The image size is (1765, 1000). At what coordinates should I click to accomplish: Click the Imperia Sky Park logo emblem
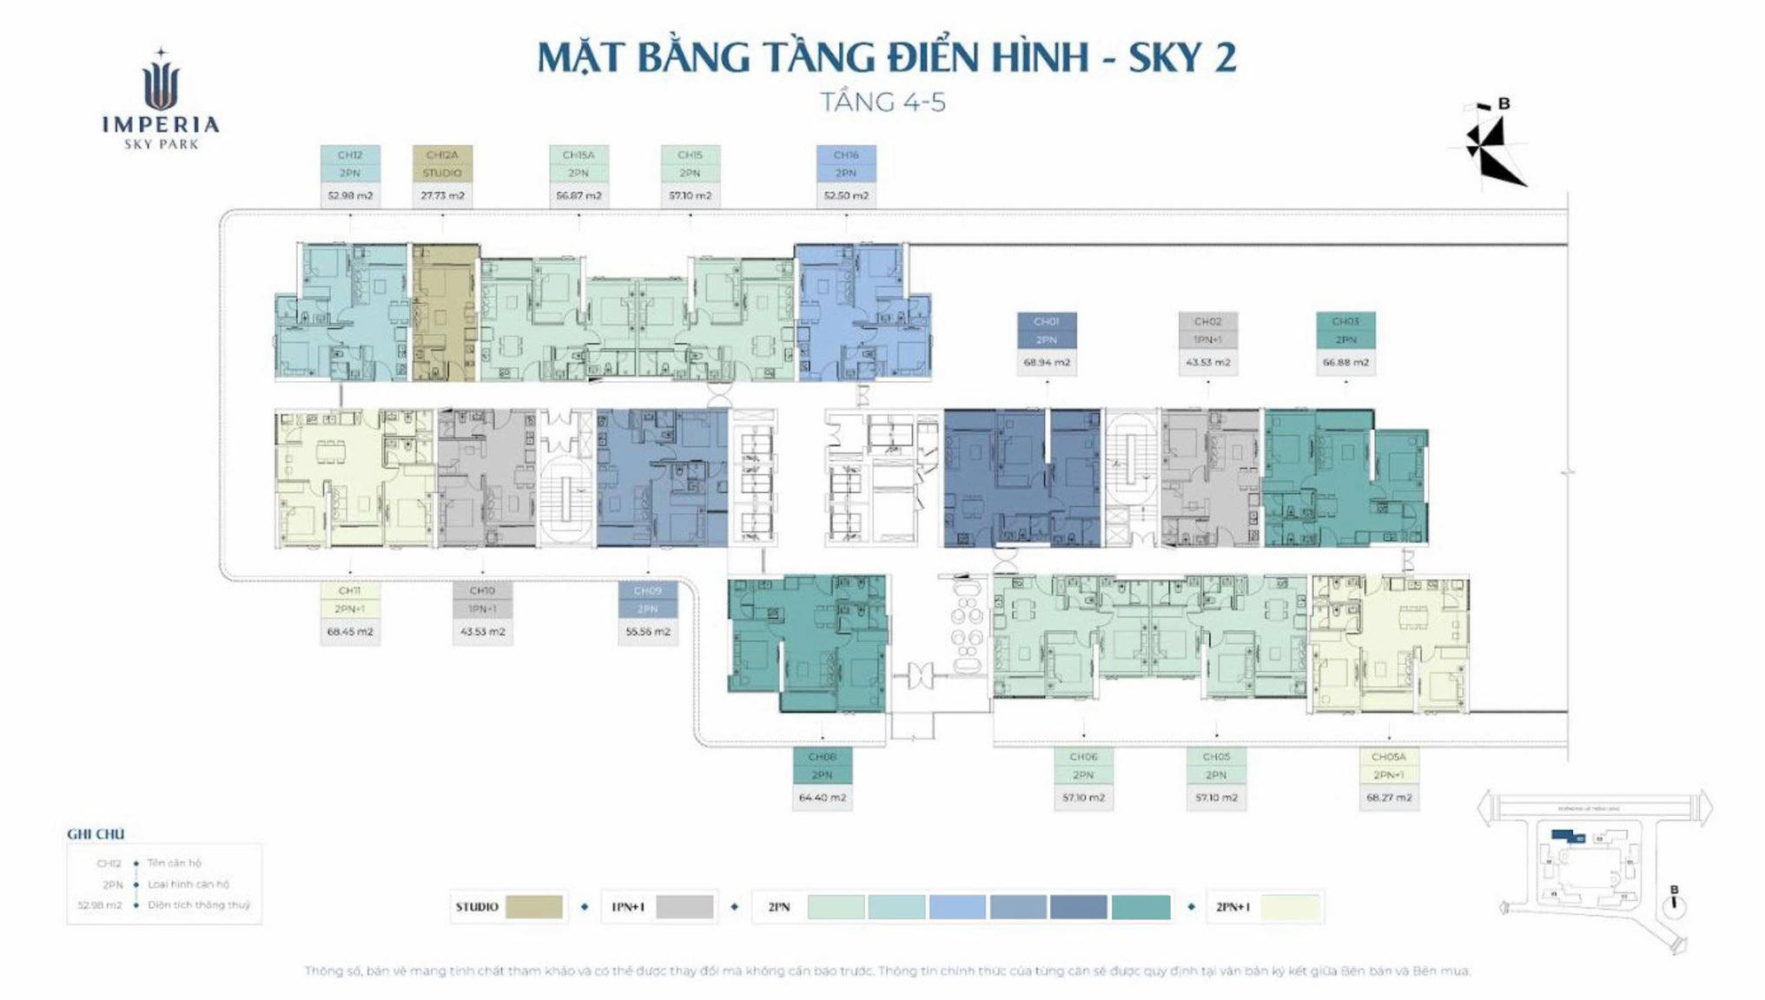pyautogui.click(x=161, y=82)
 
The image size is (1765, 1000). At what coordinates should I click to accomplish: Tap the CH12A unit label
pyautogui.click(x=442, y=155)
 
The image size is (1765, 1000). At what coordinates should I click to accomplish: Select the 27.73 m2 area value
pyautogui.click(x=442, y=196)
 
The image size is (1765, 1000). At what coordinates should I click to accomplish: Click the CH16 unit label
pyautogui.click(x=846, y=155)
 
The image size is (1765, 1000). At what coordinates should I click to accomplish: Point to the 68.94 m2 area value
pyautogui.click(x=1047, y=363)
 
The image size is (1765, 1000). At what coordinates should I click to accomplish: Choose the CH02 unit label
pyautogui.click(x=1207, y=322)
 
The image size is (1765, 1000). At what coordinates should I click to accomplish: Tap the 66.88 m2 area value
pyautogui.click(x=1345, y=363)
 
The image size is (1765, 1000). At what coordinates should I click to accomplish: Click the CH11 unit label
pyautogui.click(x=350, y=591)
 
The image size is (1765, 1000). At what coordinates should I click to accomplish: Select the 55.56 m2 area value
pyautogui.click(x=648, y=632)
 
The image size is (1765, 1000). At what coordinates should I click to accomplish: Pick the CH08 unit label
pyautogui.click(x=822, y=757)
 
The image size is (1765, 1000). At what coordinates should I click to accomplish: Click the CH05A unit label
pyautogui.click(x=1388, y=757)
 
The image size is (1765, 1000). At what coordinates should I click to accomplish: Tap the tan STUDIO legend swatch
pyautogui.click(x=533, y=907)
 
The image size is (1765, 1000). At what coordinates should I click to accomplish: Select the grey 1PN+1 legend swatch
pyautogui.click(x=684, y=907)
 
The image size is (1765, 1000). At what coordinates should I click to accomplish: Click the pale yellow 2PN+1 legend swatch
pyautogui.click(x=1290, y=907)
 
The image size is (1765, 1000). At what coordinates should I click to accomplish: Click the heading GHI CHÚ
pyautogui.click(x=96, y=834)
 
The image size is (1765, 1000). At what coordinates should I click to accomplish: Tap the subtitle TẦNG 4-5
pyautogui.click(x=883, y=102)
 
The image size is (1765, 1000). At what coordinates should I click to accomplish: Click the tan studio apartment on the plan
pyautogui.click(x=444, y=312)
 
